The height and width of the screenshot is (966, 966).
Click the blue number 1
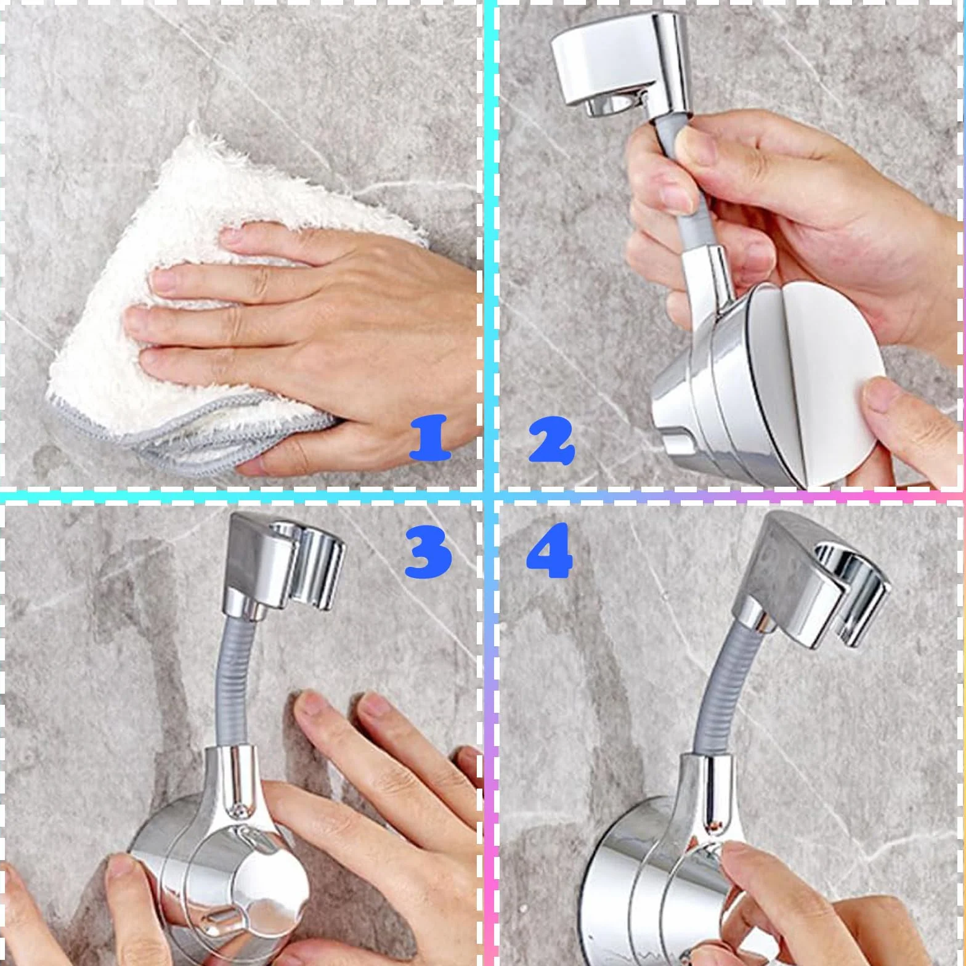[x=430, y=439]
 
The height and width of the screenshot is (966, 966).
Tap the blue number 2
[x=551, y=440]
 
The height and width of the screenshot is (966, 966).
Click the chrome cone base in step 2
[x=708, y=400]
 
